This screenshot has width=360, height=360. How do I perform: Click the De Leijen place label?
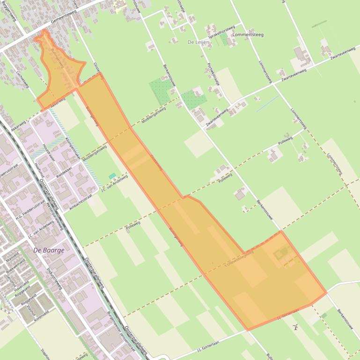point(198,42)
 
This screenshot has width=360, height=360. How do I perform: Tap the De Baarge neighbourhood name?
point(49,250)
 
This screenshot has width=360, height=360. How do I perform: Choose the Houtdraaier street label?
point(49,152)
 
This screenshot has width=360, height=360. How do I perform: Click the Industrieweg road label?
point(55,279)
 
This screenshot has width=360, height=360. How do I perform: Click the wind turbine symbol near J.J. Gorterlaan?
point(295,327)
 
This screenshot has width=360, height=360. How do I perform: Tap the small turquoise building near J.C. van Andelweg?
point(112,176)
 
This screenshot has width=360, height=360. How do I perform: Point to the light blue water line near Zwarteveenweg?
point(267,103)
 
